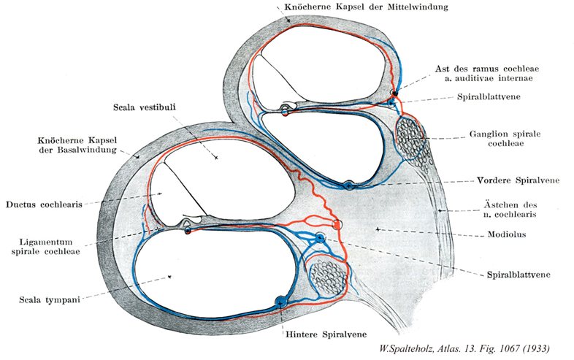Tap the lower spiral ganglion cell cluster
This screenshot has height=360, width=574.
coord(326,275)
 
